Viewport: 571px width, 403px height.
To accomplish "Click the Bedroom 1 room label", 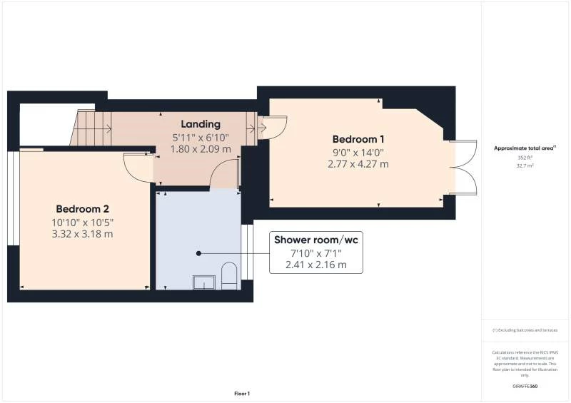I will click(x=358, y=139).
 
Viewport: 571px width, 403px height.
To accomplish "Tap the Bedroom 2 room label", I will click(x=82, y=209).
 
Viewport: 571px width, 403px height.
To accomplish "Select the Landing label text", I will click(x=201, y=124).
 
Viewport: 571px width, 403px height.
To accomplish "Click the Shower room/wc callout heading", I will click(x=316, y=240).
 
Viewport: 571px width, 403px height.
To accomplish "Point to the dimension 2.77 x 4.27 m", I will click(x=358, y=164).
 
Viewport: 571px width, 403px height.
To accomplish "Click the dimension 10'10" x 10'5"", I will click(x=82, y=222).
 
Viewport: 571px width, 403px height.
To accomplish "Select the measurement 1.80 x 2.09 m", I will click(x=201, y=149).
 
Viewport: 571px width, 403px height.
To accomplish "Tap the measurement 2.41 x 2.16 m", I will click(x=316, y=265).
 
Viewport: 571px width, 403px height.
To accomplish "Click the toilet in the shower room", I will click(x=229, y=277).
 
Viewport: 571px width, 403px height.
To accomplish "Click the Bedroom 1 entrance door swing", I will click(x=275, y=128).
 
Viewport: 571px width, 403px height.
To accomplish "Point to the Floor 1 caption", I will click(x=242, y=394).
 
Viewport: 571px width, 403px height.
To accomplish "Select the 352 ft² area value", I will click(x=525, y=157).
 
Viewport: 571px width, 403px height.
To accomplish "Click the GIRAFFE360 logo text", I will click(x=525, y=386).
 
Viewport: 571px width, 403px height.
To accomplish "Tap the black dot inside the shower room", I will click(x=199, y=253).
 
